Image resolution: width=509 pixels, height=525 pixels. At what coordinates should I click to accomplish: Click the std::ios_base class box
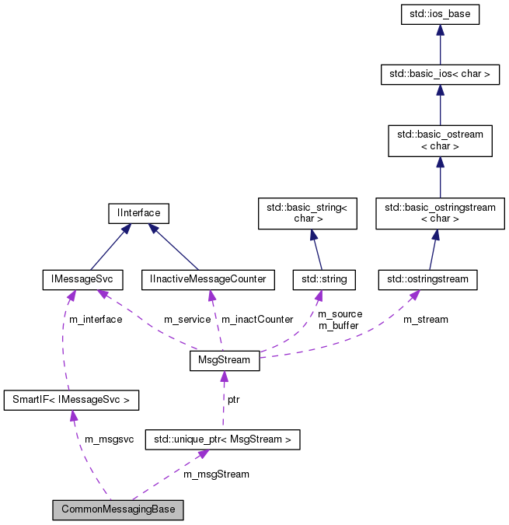440,15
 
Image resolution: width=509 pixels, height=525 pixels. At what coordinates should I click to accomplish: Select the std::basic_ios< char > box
440,75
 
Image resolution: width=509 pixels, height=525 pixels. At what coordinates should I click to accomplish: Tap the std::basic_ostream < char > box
440,140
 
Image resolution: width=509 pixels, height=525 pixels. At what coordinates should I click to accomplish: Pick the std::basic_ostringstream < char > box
440,213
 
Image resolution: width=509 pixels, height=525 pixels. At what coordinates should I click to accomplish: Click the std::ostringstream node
427,278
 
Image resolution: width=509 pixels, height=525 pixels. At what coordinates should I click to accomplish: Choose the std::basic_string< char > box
307,213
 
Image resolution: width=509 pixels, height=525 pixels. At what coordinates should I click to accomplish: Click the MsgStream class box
224,361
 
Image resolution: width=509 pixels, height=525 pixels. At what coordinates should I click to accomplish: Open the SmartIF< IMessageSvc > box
71,401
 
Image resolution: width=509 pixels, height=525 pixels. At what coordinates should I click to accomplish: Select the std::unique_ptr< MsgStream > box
223,439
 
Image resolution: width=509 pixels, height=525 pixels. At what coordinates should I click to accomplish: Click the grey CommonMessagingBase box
119,510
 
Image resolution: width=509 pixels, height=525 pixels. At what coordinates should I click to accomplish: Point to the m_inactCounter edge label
256,320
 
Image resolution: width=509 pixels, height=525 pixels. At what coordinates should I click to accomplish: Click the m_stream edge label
425,320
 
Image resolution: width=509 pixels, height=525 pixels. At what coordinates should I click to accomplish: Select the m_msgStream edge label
216,474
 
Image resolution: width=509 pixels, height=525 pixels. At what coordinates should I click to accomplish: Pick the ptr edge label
233,399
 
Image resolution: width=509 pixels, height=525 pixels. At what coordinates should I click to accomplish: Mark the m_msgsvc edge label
109,439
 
